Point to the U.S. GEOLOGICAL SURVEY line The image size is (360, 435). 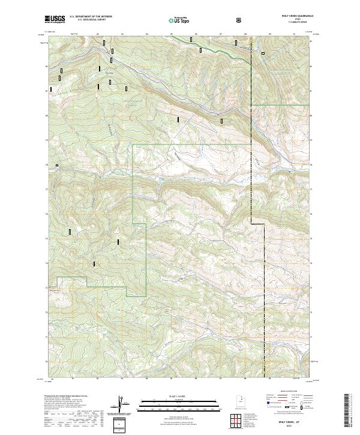pyautogui.click(x=89, y=22)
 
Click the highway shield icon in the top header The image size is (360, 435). pyautogui.click(x=240, y=20)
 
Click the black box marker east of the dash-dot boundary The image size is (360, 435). pyautogui.click(x=262, y=53)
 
